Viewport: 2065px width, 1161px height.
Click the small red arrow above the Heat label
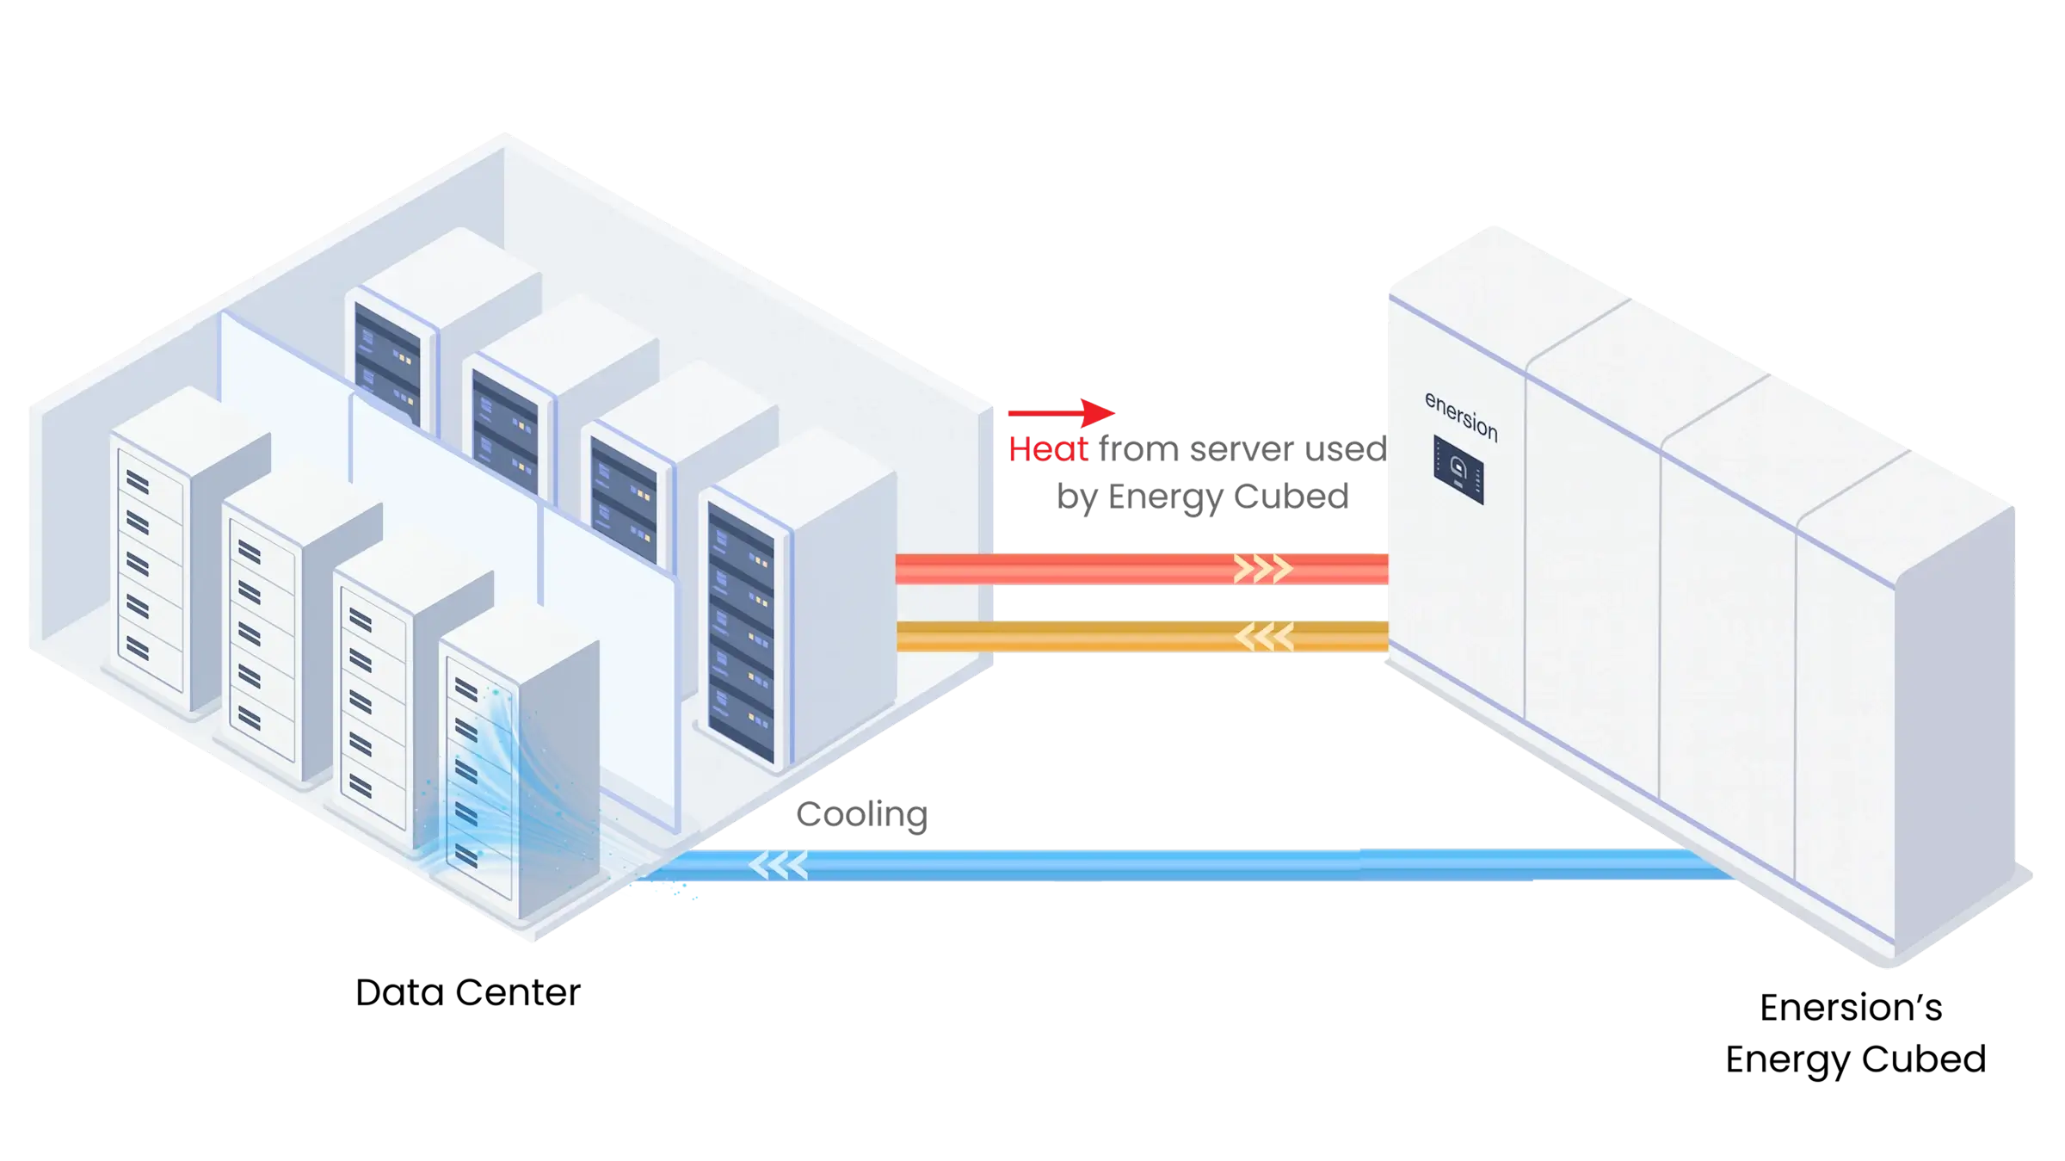coord(1062,412)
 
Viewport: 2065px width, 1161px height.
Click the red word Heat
coord(1047,449)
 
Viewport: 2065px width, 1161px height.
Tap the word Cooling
coord(863,814)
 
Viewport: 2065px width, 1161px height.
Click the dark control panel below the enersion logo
coord(1458,470)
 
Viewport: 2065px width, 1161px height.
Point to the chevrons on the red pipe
coord(1263,568)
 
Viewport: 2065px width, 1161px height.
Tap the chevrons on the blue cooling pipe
coord(779,865)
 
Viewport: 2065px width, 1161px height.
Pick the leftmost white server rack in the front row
coord(172,551)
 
